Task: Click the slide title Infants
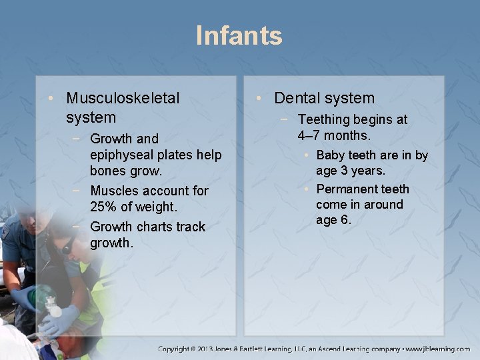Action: pyautogui.click(x=239, y=35)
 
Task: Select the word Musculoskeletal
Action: pyautogui.click(x=123, y=98)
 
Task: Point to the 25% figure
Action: pyautogui.click(x=105, y=207)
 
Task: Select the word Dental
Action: pyautogui.click(x=298, y=98)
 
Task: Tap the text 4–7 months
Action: pyautogui.click(x=334, y=135)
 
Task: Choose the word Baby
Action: pyautogui.click(x=331, y=155)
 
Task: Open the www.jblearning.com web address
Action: pyautogui.click(x=439, y=349)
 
